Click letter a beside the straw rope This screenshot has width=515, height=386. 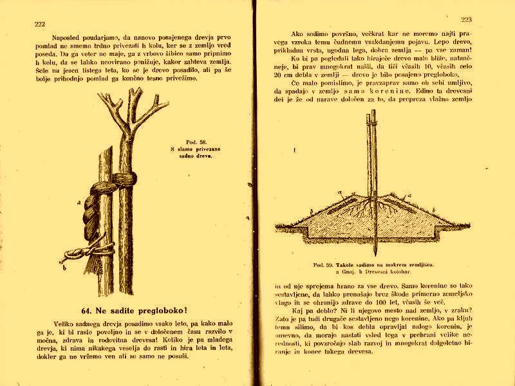coord(78,202)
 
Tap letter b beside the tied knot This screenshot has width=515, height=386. coord(62,262)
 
